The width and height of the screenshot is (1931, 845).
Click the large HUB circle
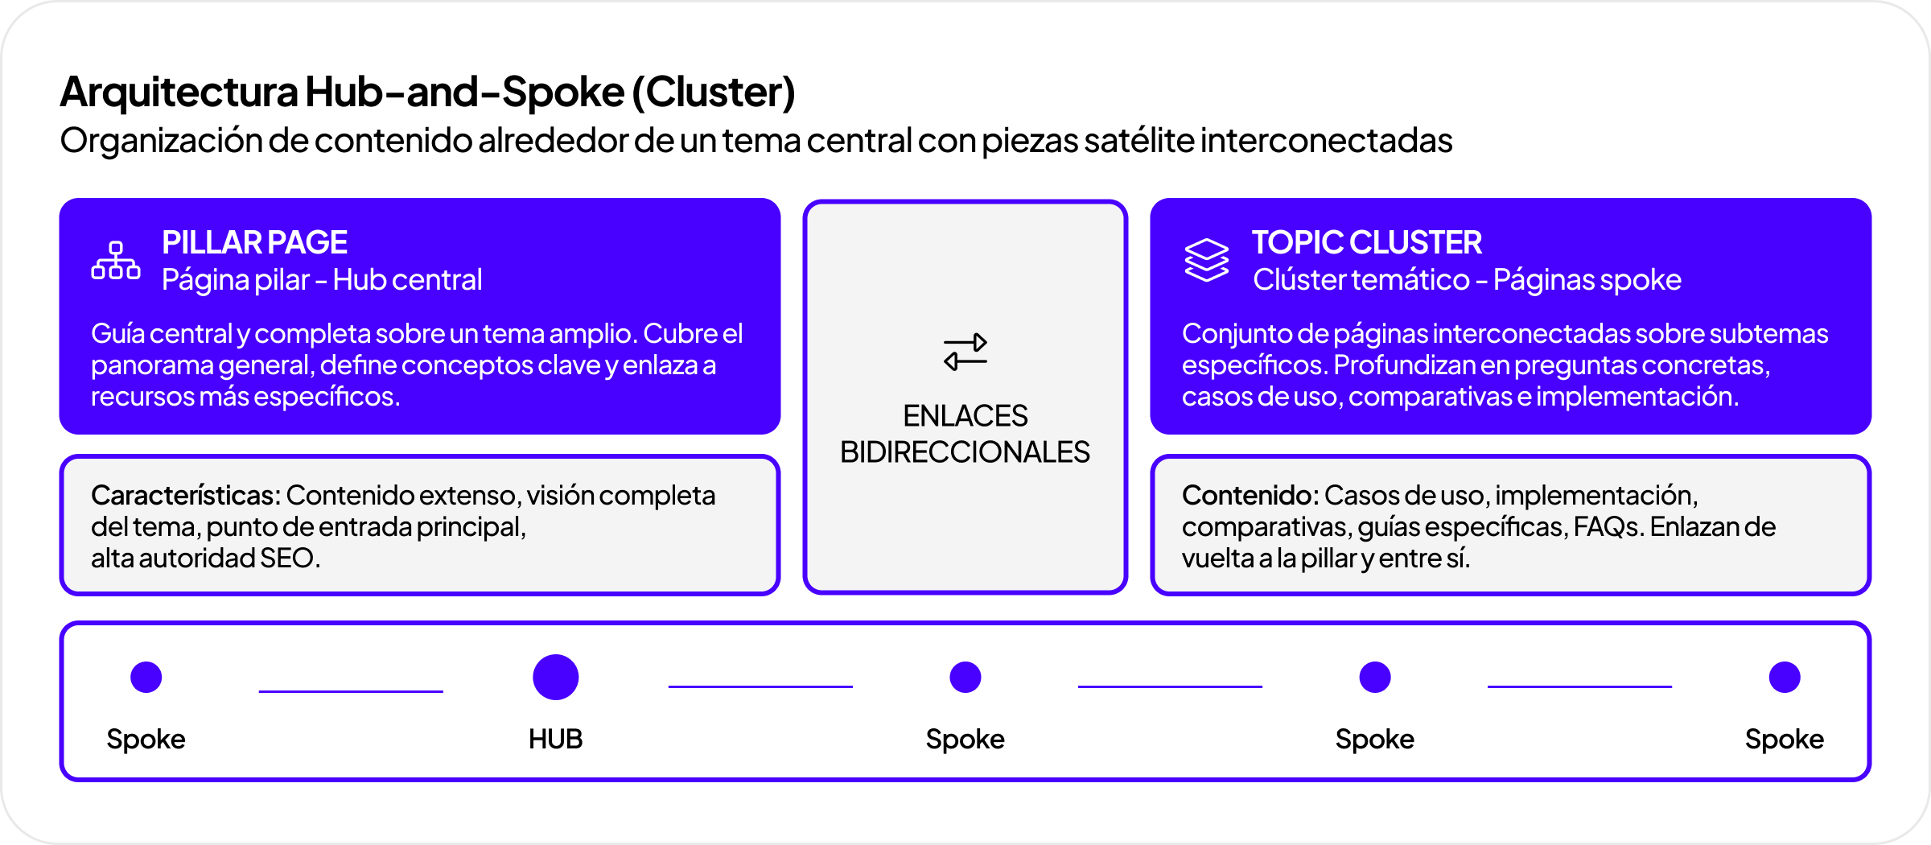pos(555,677)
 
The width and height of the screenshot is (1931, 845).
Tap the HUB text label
pos(555,739)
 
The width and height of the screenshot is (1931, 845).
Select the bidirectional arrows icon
pos(965,352)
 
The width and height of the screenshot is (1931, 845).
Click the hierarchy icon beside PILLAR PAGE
pos(116,261)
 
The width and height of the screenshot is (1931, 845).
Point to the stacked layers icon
pos(1206,260)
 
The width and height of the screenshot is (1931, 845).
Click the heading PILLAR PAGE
pos(254,242)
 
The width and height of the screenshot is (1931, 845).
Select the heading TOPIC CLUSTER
pos(1366,242)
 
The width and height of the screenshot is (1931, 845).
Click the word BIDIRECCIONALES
pos(965,452)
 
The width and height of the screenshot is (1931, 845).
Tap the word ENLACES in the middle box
pos(965,416)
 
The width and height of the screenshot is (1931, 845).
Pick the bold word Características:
pos(186,495)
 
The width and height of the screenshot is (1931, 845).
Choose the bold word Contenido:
pos(1250,495)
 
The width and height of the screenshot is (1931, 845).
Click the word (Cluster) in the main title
pos(714,92)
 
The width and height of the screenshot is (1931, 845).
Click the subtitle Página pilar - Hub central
pos(322,280)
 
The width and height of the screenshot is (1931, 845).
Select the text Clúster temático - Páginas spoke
pos(1467,280)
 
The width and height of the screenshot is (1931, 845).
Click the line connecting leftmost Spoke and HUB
pos(351,690)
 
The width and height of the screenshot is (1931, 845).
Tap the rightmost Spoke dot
pos(1784,677)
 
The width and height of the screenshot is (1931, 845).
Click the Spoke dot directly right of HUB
pos(965,677)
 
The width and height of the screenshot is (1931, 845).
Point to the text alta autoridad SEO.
pos(205,558)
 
